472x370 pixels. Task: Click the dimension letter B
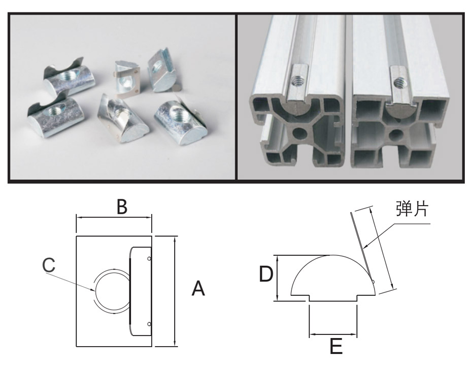121,207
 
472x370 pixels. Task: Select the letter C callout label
49,265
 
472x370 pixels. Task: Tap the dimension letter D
266,275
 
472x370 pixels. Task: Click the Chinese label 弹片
412,209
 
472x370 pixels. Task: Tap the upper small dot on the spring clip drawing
149,259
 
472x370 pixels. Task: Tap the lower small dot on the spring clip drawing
149,323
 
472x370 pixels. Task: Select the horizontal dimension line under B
114,217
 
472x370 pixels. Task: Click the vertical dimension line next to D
278,278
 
